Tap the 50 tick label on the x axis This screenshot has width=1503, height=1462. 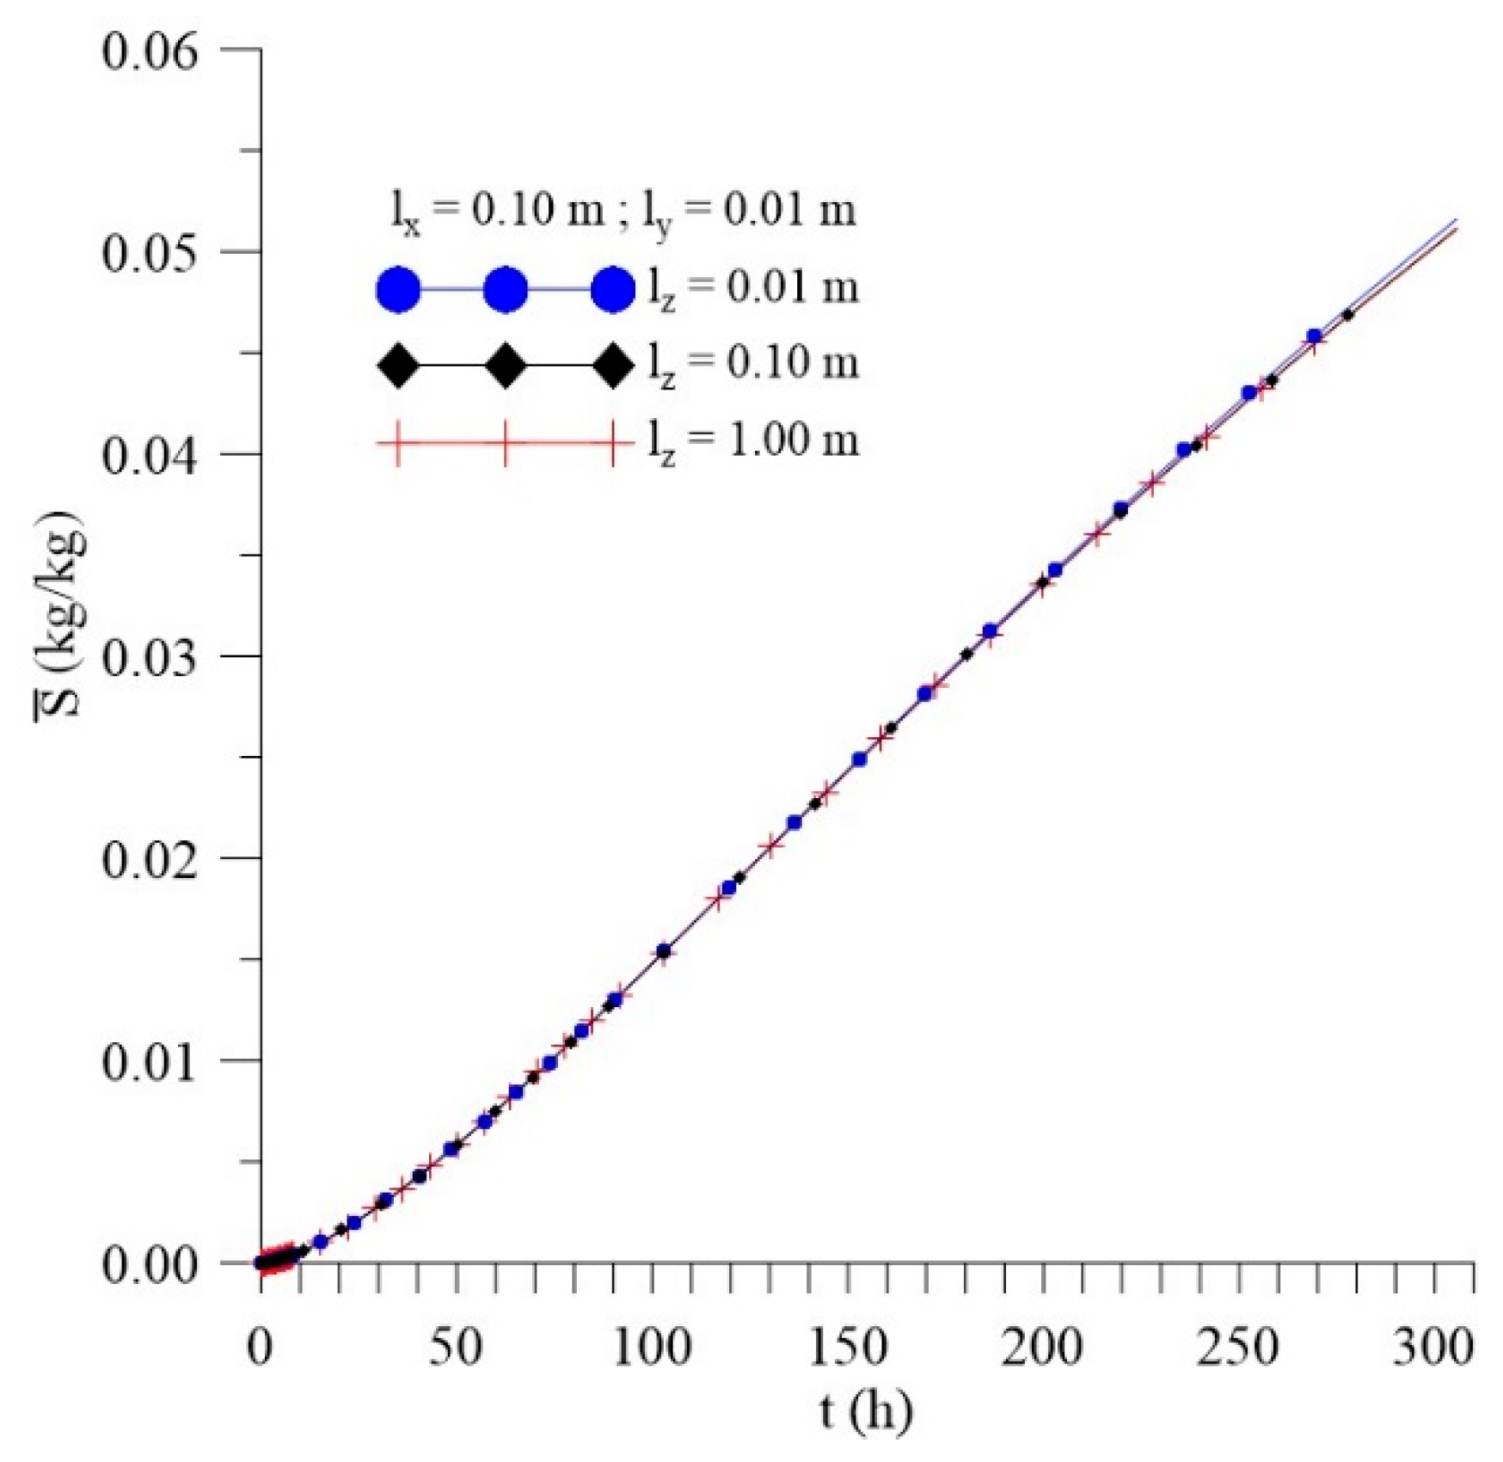[x=455, y=1347]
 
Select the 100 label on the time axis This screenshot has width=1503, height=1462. [x=651, y=1347]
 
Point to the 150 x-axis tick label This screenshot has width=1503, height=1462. [x=847, y=1347]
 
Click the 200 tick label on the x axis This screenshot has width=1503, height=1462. [x=1042, y=1347]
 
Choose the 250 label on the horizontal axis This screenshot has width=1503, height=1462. [x=1238, y=1347]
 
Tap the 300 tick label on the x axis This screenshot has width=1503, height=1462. [x=1433, y=1347]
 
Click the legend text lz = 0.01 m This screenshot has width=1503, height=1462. [x=753, y=288]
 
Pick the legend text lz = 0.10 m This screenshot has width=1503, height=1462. [x=753, y=364]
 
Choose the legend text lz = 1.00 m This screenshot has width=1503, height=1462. [x=753, y=441]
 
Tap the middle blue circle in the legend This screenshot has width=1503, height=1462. [x=506, y=289]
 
